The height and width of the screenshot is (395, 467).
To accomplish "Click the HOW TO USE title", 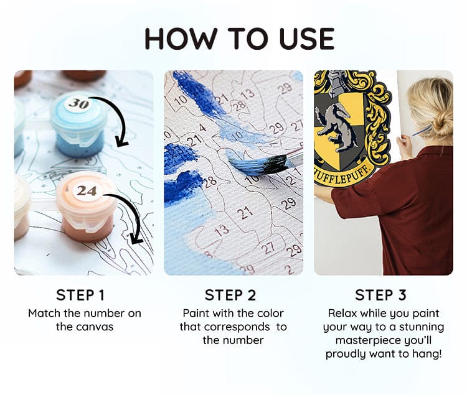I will click(240, 38).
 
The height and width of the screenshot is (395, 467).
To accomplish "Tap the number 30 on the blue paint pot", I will click(78, 103).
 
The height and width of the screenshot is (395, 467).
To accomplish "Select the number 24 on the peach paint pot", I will click(86, 191).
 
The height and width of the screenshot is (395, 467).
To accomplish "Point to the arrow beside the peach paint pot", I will click(133, 218).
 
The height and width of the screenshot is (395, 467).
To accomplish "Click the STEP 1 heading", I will click(84, 295).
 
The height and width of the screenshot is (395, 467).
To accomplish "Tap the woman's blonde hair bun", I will click(441, 124).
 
